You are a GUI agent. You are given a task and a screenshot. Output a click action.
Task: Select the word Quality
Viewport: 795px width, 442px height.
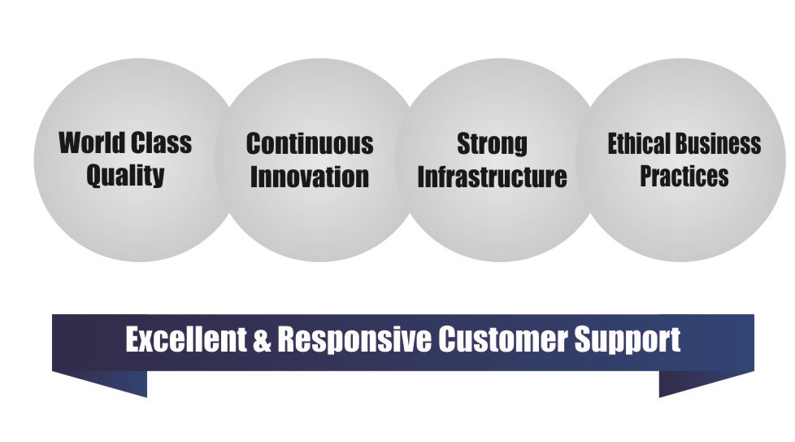(x=126, y=176)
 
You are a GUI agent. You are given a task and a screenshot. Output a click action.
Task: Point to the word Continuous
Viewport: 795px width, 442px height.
(x=310, y=144)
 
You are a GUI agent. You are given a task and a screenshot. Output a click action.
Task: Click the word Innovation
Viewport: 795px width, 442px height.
(x=310, y=177)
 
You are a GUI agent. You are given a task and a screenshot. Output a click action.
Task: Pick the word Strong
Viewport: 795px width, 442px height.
(x=492, y=144)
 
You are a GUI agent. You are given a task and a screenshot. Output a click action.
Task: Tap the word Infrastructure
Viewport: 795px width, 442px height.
(x=492, y=177)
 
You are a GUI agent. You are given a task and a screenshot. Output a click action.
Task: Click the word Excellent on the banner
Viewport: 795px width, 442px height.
(x=184, y=339)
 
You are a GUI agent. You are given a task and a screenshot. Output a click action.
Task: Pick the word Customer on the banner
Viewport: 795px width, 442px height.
(x=503, y=339)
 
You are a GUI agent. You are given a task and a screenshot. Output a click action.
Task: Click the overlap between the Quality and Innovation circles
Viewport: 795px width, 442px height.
(x=227, y=160)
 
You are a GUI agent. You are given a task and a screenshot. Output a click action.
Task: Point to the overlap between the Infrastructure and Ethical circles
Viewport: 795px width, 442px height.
(x=588, y=160)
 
